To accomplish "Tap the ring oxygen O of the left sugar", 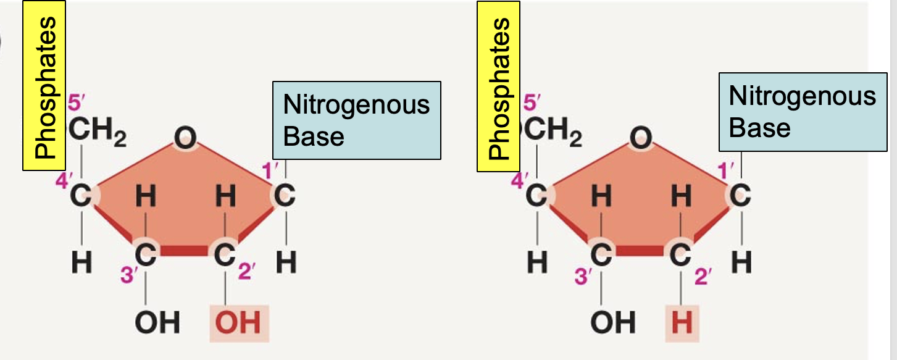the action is tap(185, 139).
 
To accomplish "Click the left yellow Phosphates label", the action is tap(44, 86).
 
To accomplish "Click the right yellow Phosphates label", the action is tap(498, 86).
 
